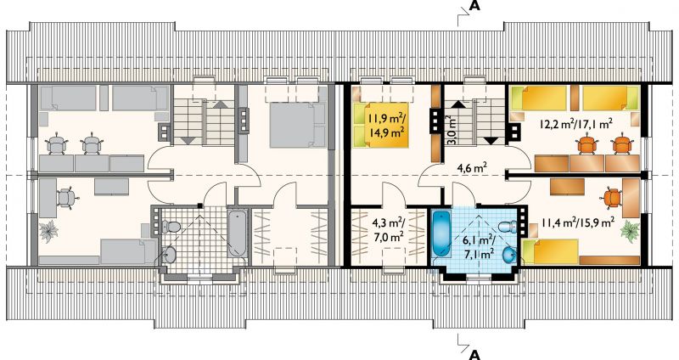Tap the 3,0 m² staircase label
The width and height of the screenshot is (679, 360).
(x=451, y=130)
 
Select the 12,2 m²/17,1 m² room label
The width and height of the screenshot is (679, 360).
(x=575, y=124)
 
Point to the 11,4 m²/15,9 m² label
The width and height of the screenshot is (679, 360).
(x=578, y=222)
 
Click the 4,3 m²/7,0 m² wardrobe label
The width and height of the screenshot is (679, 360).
(x=388, y=229)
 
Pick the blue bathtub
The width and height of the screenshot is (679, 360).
(x=442, y=234)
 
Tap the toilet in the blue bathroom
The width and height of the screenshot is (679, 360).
(x=508, y=226)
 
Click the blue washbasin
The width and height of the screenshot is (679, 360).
(x=510, y=255)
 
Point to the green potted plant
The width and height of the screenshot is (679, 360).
(x=630, y=229)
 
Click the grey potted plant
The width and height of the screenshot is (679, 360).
(x=48, y=230)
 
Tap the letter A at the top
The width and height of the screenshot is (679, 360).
(x=476, y=6)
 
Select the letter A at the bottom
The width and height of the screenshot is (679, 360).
(x=475, y=354)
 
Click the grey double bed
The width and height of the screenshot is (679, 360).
(x=298, y=125)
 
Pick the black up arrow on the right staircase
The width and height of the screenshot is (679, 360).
(x=458, y=104)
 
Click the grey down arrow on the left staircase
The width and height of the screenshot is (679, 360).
(x=188, y=140)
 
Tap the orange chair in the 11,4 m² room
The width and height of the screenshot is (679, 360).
(x=610, y=198)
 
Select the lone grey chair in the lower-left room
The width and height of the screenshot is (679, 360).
(x=67, y=198)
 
